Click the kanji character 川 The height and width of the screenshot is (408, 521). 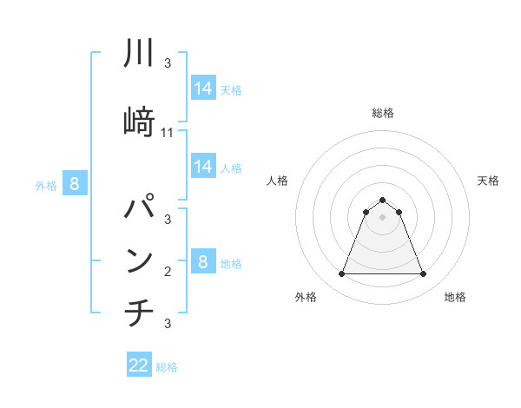click(x=140, y=53)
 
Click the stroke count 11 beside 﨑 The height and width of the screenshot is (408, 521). click(x=168, y=133)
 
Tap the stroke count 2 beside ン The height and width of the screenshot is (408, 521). click(x=168, y=272)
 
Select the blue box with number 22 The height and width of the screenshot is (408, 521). click(x=139, y=365)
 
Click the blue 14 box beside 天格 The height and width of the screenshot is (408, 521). click(x=203, y=89)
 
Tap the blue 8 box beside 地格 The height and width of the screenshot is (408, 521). click(x=203, y=261)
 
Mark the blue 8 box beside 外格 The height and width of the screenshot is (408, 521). click(x=75, y=183)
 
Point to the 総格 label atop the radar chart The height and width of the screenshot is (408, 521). click(x=382, y=113)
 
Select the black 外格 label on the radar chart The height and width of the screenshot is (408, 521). click(x=306, y=298)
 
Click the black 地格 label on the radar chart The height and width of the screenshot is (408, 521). click(x=455, y=298)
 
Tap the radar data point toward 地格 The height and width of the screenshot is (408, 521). click(x=423, y=274)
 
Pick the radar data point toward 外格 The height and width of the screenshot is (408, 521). click(x=341, y=274)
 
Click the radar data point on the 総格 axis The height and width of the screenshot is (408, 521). click(x=382, y=200)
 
